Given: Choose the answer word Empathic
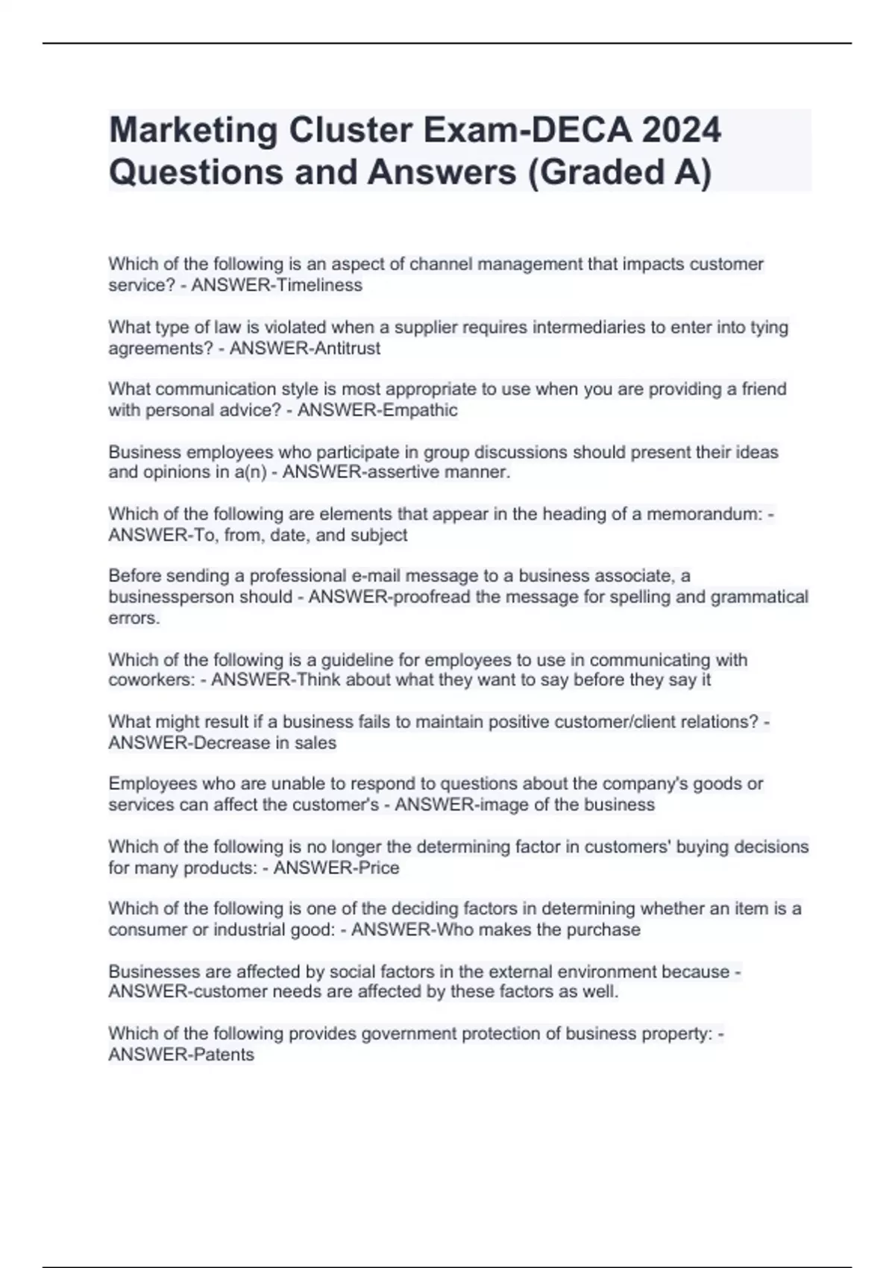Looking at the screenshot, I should (x=419, y=410).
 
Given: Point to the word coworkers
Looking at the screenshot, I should (x=151, y=680).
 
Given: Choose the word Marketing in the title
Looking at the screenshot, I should (x=193, y=130).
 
